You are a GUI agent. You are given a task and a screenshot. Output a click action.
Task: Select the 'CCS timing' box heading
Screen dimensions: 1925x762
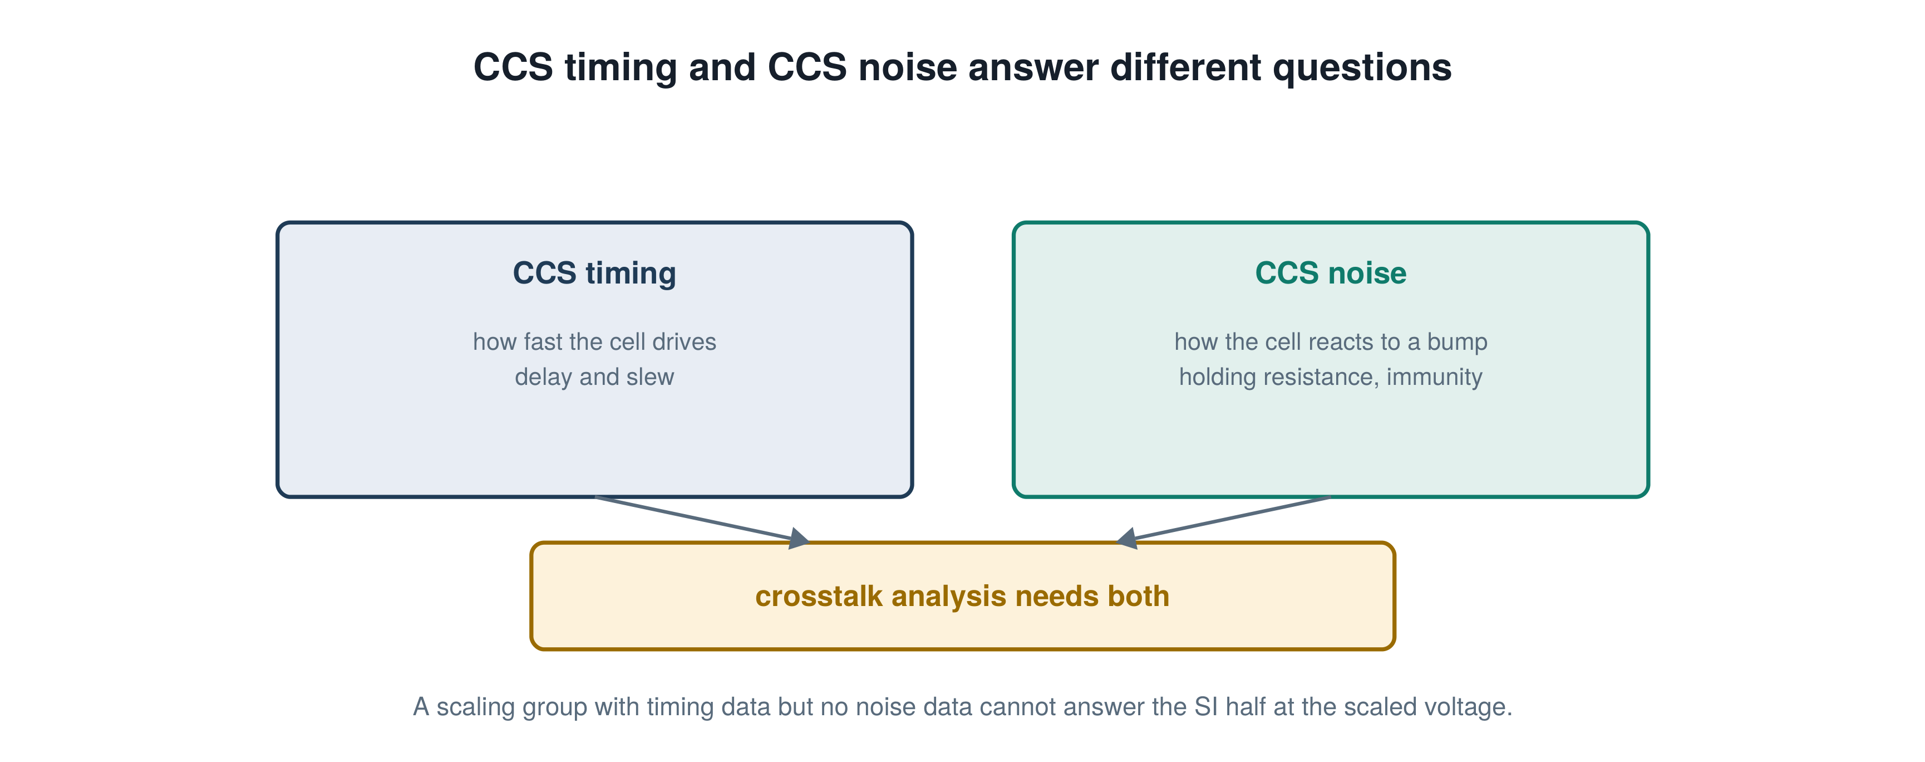(594, 273)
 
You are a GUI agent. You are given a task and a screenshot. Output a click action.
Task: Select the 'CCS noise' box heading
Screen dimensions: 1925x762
(1330, 273)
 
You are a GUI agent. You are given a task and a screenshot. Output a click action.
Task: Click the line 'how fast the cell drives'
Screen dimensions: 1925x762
(594, 342)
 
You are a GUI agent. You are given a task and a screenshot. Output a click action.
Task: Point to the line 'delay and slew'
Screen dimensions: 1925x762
(594, 377)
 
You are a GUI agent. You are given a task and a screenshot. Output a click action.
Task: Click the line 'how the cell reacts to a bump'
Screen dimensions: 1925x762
(1330, 343)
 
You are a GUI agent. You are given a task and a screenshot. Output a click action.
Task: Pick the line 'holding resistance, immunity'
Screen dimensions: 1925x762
(1330, 377)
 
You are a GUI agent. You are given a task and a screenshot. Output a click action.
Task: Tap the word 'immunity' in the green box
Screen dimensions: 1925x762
(1434, 378)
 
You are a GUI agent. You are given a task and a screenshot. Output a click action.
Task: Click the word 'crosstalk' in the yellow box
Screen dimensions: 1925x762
(818, 596)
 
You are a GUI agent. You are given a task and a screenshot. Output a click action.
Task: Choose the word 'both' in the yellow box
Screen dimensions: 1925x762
(1138, 596)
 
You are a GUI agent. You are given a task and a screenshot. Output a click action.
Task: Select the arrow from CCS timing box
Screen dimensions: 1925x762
(702, 518)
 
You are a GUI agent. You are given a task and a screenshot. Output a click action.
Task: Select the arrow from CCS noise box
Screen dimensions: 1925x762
(1223, 518)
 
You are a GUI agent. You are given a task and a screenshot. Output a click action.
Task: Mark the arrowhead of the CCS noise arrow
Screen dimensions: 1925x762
(1126, 539)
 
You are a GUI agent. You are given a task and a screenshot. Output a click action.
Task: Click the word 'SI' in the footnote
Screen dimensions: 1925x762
(1205, 707)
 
